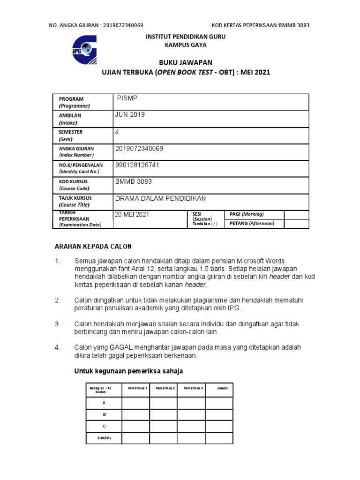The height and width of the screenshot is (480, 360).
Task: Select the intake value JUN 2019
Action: (130, 115)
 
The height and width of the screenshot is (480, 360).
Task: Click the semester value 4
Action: (117, 132)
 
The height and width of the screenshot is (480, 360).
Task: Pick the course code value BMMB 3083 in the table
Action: (134, 181)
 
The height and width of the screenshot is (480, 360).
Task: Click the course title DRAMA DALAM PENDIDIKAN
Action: (160, 198)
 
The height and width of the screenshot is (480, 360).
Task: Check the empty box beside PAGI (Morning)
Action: (296, 214)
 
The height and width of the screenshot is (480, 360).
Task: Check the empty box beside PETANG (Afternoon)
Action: (296, 224)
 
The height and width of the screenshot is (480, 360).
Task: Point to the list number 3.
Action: (58, 324)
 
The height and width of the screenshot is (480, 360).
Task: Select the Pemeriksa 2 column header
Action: (165, 389)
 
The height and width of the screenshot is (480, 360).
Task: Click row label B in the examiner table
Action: (104, 415)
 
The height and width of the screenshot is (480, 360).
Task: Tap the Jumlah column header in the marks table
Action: (222, 389)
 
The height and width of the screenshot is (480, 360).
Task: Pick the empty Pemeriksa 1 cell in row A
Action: (135, 403)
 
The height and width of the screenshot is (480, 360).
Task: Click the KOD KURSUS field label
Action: (73, 181)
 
